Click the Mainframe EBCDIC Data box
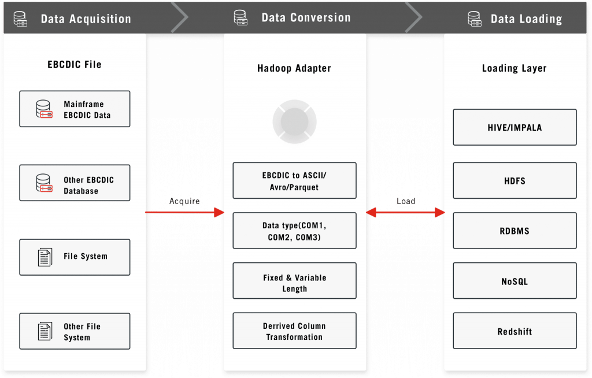tap(75, 109)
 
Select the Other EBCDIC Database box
tap(75, 183)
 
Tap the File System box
tap(75, 257)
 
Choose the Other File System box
tap(75, 331)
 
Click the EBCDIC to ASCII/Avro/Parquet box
tap(294, 180)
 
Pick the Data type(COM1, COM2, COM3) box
tap(294, 231)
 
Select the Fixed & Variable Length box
tap(294, 280)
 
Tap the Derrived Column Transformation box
tap(294, 331)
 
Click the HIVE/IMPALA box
tap(515, 127)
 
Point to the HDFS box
tap(515, 180)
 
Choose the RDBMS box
tap(515, 231)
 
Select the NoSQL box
tap(515, 280)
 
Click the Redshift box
tap(515, 331)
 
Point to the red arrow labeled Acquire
tap(184, 212)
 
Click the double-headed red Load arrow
tap(405, 213)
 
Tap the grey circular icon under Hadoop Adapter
tap(294, 121)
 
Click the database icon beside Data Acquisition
tap(20, 18)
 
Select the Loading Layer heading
tap(514, 68)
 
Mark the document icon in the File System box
tap(45, 258)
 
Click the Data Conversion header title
tap(306, 18)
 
